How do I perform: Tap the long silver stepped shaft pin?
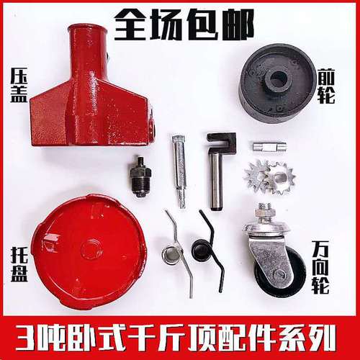[179, 169]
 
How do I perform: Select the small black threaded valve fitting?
[141, 177]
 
